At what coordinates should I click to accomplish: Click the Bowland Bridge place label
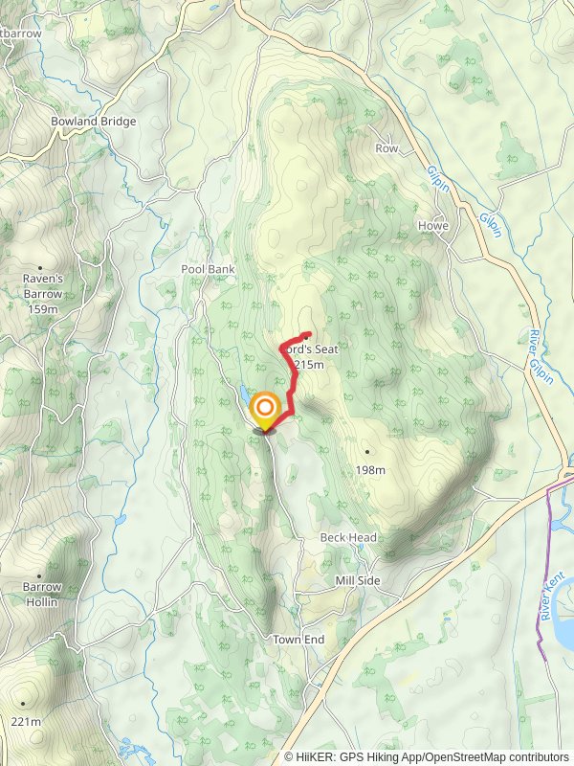(94, 122)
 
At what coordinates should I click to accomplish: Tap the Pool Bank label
(208, 270)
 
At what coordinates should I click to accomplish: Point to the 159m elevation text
(42, 309)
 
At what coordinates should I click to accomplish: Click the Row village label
(386, 148)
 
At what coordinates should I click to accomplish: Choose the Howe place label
(433, 226)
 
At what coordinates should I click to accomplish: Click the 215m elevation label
(309, 365)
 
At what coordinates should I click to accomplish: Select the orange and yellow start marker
(265, 412)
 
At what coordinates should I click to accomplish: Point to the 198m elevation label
(369, 470)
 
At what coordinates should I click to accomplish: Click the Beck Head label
(348, 538)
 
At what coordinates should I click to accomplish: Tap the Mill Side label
(358, 581)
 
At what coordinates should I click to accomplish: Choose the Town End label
(298, 640)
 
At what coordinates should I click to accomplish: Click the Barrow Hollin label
(42, 595)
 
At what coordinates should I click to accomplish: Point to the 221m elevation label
(28, 721)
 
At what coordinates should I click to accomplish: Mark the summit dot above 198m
(366, 451)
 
